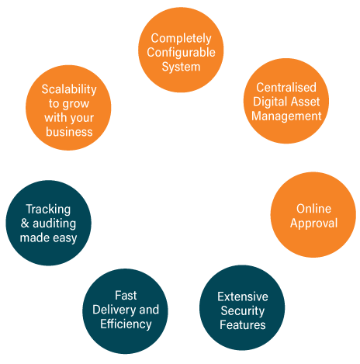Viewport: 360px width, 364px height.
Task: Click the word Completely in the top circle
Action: (181, 39)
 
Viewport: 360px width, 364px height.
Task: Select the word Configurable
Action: (181, 53)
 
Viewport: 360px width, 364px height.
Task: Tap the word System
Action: (181, 67)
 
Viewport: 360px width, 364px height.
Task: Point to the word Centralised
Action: (286, 88)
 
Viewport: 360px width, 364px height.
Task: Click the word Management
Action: (286, 116)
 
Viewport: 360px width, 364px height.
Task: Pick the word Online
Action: (313, 209)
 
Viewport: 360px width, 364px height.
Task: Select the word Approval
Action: (313, 224)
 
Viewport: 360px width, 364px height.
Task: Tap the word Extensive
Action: (243, 296)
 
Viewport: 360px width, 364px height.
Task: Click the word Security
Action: (243, 311)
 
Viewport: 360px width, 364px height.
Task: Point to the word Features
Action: (243, 325)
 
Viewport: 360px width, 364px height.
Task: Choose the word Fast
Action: (126, 296)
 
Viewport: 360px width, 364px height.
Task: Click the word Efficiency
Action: (126, 324)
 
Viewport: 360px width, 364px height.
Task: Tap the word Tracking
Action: (48, 210)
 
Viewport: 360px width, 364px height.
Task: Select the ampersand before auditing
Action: (25, 224)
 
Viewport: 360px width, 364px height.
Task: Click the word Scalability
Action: (69, 89)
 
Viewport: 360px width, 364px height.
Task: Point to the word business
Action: (69, 132)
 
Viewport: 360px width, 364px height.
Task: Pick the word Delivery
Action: (112, 310)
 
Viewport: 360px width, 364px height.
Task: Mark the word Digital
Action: (268, 102)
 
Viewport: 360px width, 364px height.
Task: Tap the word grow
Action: (75, 104)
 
